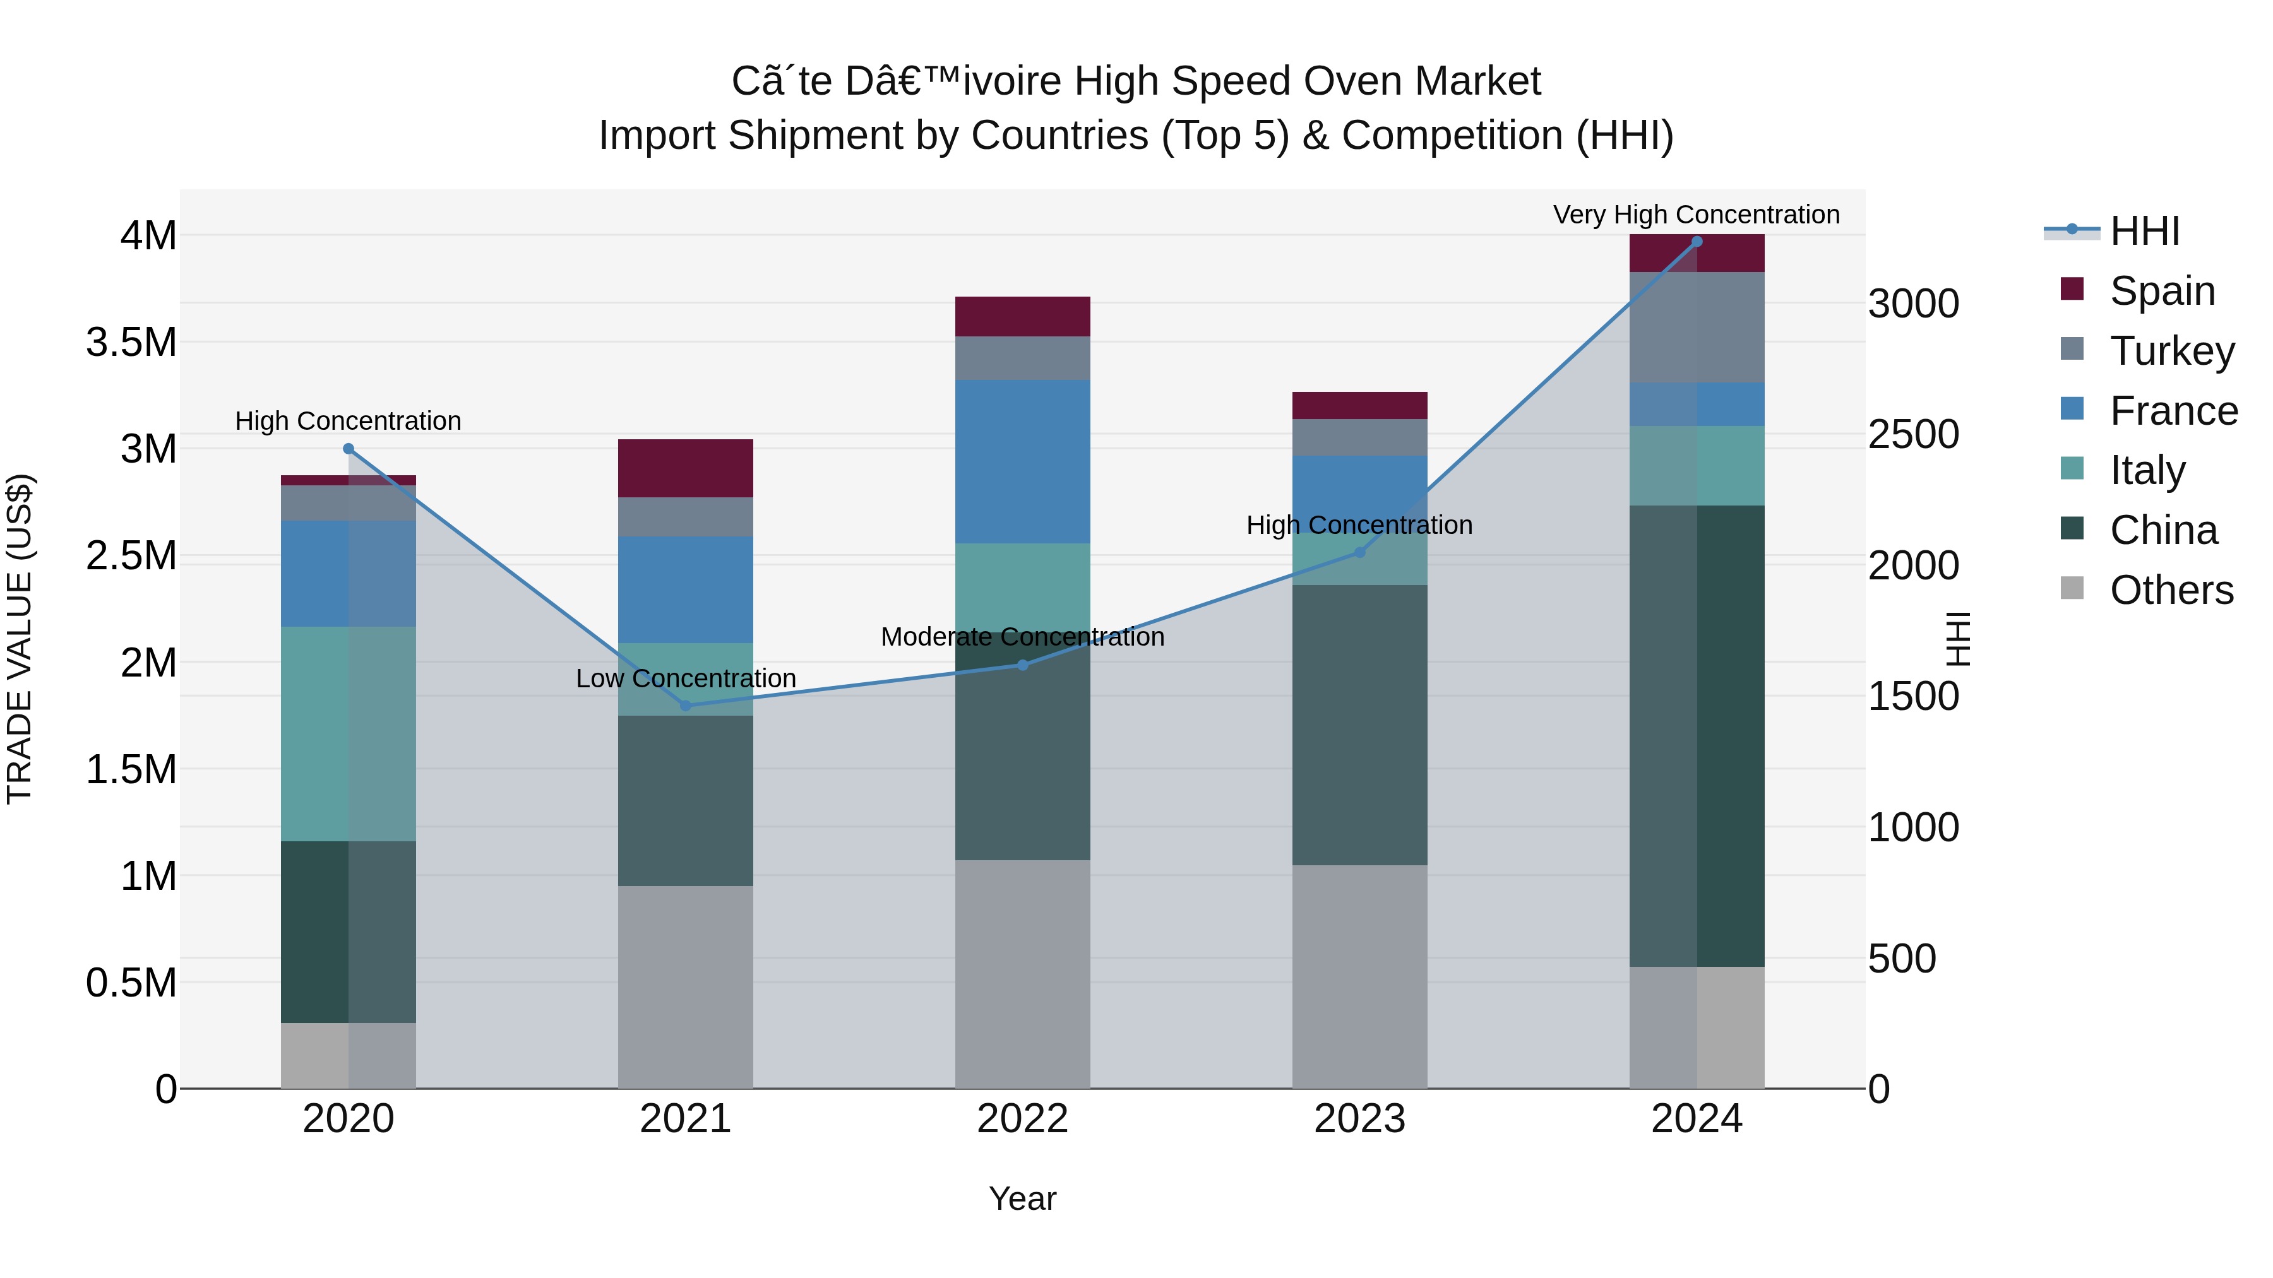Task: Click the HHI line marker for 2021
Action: point(686,706)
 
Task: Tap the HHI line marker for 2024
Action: point(1696,242)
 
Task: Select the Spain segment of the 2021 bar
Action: point(686,468)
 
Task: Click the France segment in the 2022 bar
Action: point(1023,461)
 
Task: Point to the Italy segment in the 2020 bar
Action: point(348,734)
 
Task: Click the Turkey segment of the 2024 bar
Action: point(1696,327)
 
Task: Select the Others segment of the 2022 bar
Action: point(1023,974)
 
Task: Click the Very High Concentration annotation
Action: point(1696,215)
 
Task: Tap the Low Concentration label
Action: point(686,678)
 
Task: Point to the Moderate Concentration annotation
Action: point(1023,637)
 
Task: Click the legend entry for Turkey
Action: point(2171,350)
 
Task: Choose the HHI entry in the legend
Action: point(2144,231)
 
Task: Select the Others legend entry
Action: point(2171,590)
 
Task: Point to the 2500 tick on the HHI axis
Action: point(1913,435)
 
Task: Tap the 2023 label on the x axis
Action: point(1360,1119)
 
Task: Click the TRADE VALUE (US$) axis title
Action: point(20,639)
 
